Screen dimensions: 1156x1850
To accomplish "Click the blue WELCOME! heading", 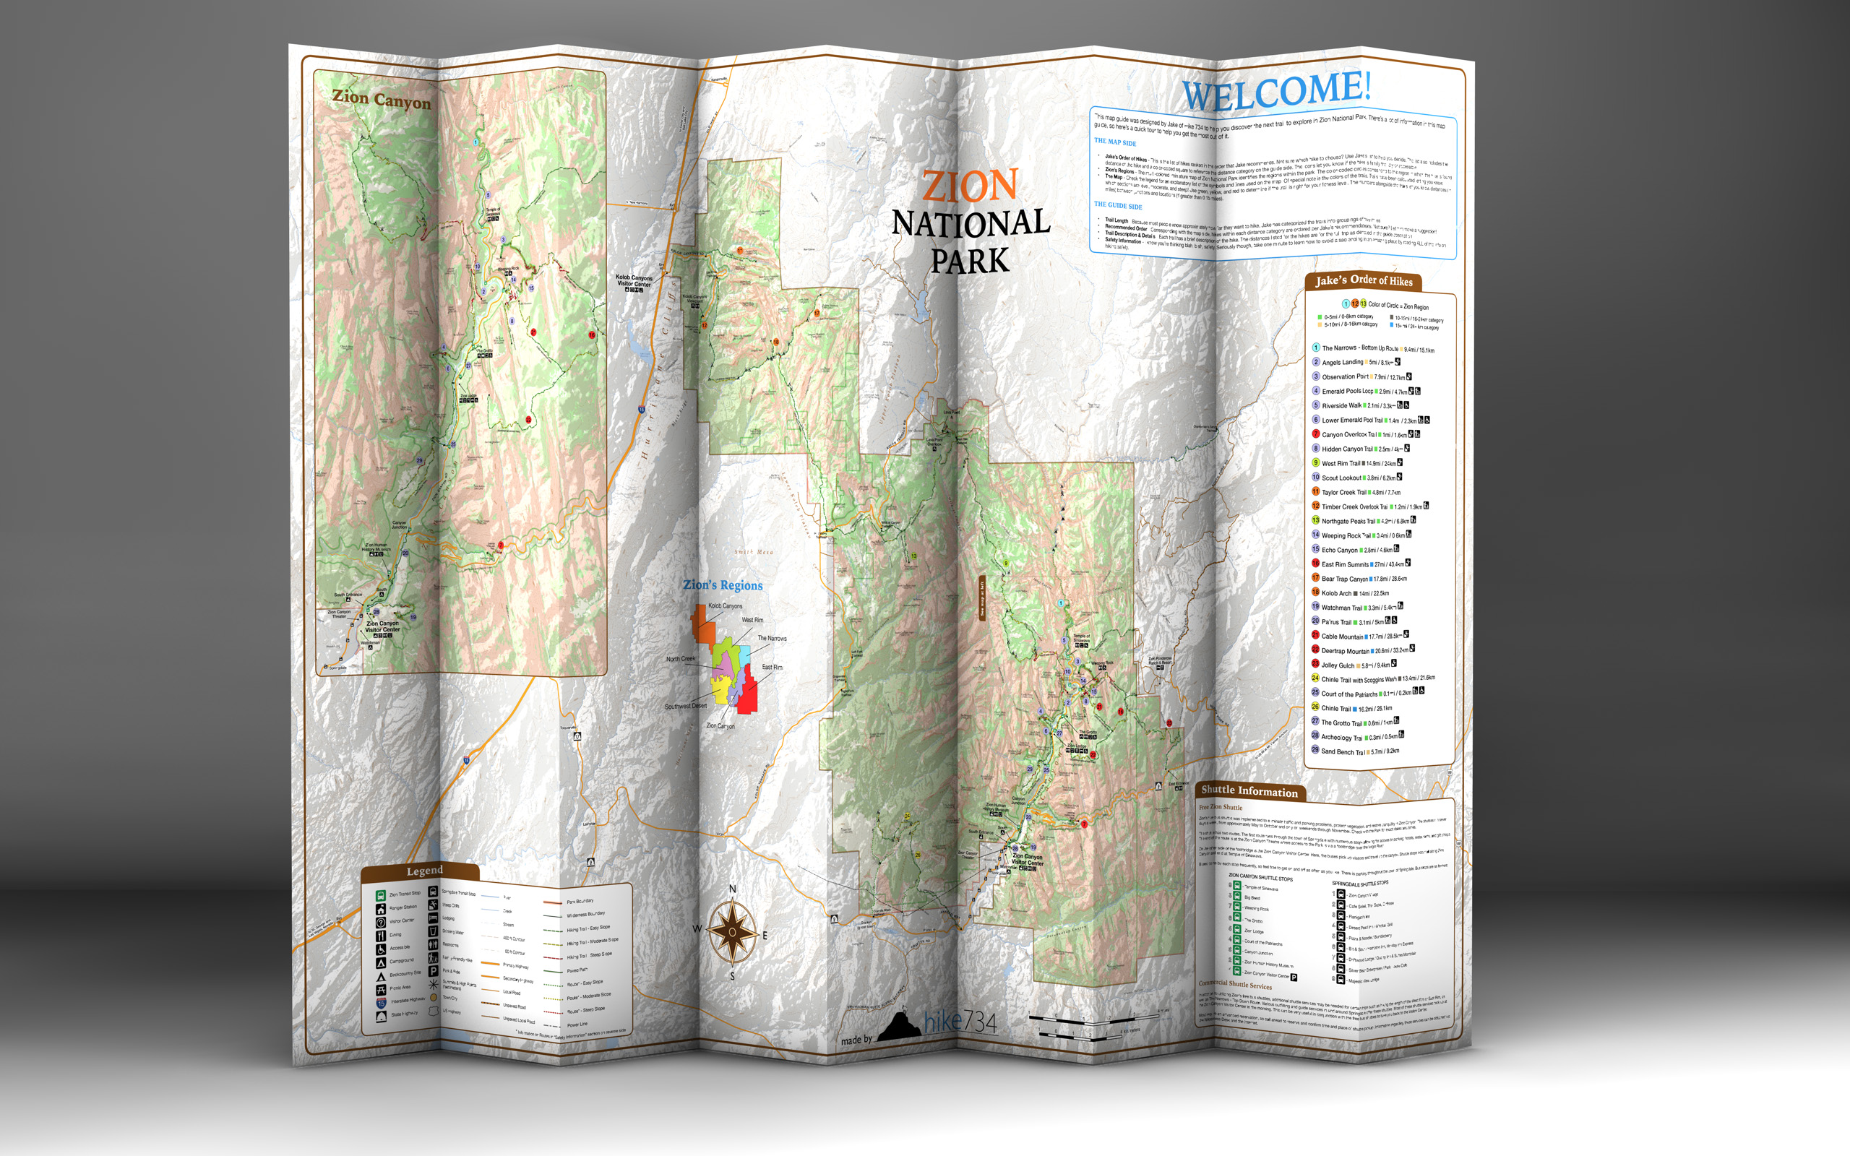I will (1277, 91).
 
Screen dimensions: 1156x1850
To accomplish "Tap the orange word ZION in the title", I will (969, 186).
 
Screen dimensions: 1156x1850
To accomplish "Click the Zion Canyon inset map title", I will (381, 100).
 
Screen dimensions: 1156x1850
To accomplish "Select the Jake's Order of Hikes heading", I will (1363, 280).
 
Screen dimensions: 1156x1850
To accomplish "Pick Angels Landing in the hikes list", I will (1343, 363).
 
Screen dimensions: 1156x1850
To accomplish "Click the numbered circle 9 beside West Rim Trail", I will (1316, 462).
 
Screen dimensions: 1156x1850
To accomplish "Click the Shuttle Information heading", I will (1249, 791).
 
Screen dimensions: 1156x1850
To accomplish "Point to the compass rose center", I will (732, 931).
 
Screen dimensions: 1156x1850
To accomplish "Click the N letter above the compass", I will (732, 889).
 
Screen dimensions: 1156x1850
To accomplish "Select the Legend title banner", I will (424, 871).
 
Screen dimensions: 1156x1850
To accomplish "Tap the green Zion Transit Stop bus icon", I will (381, 894).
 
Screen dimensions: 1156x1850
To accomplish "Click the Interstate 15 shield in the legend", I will (381, 1001).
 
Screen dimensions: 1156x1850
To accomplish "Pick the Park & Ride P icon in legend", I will (434, 971).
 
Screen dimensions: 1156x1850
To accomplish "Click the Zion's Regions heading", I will (723, 586).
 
